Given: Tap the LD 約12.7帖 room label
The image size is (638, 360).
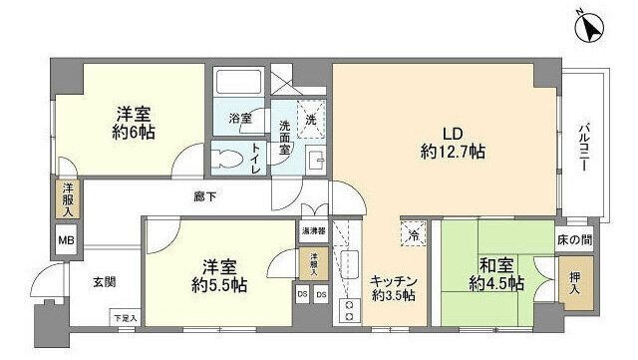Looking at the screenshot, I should point(451,143).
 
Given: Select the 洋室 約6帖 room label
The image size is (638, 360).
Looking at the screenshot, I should point(132,123).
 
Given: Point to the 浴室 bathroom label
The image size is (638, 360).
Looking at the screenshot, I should point(241,118).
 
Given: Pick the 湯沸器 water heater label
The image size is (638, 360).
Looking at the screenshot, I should point(311,231).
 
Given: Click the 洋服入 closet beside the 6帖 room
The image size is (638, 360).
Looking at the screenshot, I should point(66,199).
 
